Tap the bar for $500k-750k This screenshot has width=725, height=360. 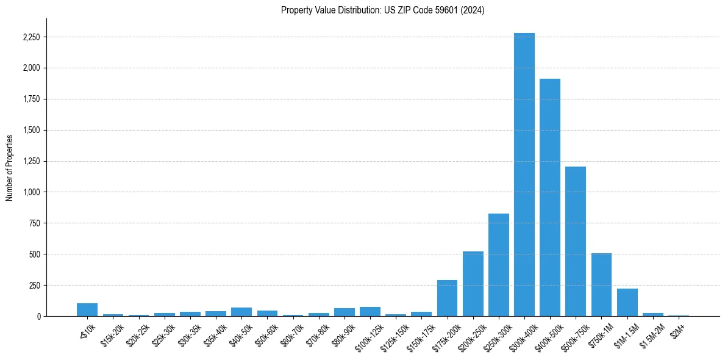click(575, 241)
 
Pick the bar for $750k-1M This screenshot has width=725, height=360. click(601, 284)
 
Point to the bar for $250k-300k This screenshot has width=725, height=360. click(498, 265)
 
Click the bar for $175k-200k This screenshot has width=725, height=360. click(447, 298)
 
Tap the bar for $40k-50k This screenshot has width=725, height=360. click(241, 312)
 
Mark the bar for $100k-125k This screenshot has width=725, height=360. click(370, 312)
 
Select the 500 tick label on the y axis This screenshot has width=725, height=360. click(34, 254)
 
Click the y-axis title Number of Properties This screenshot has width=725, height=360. click(10, 167)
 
